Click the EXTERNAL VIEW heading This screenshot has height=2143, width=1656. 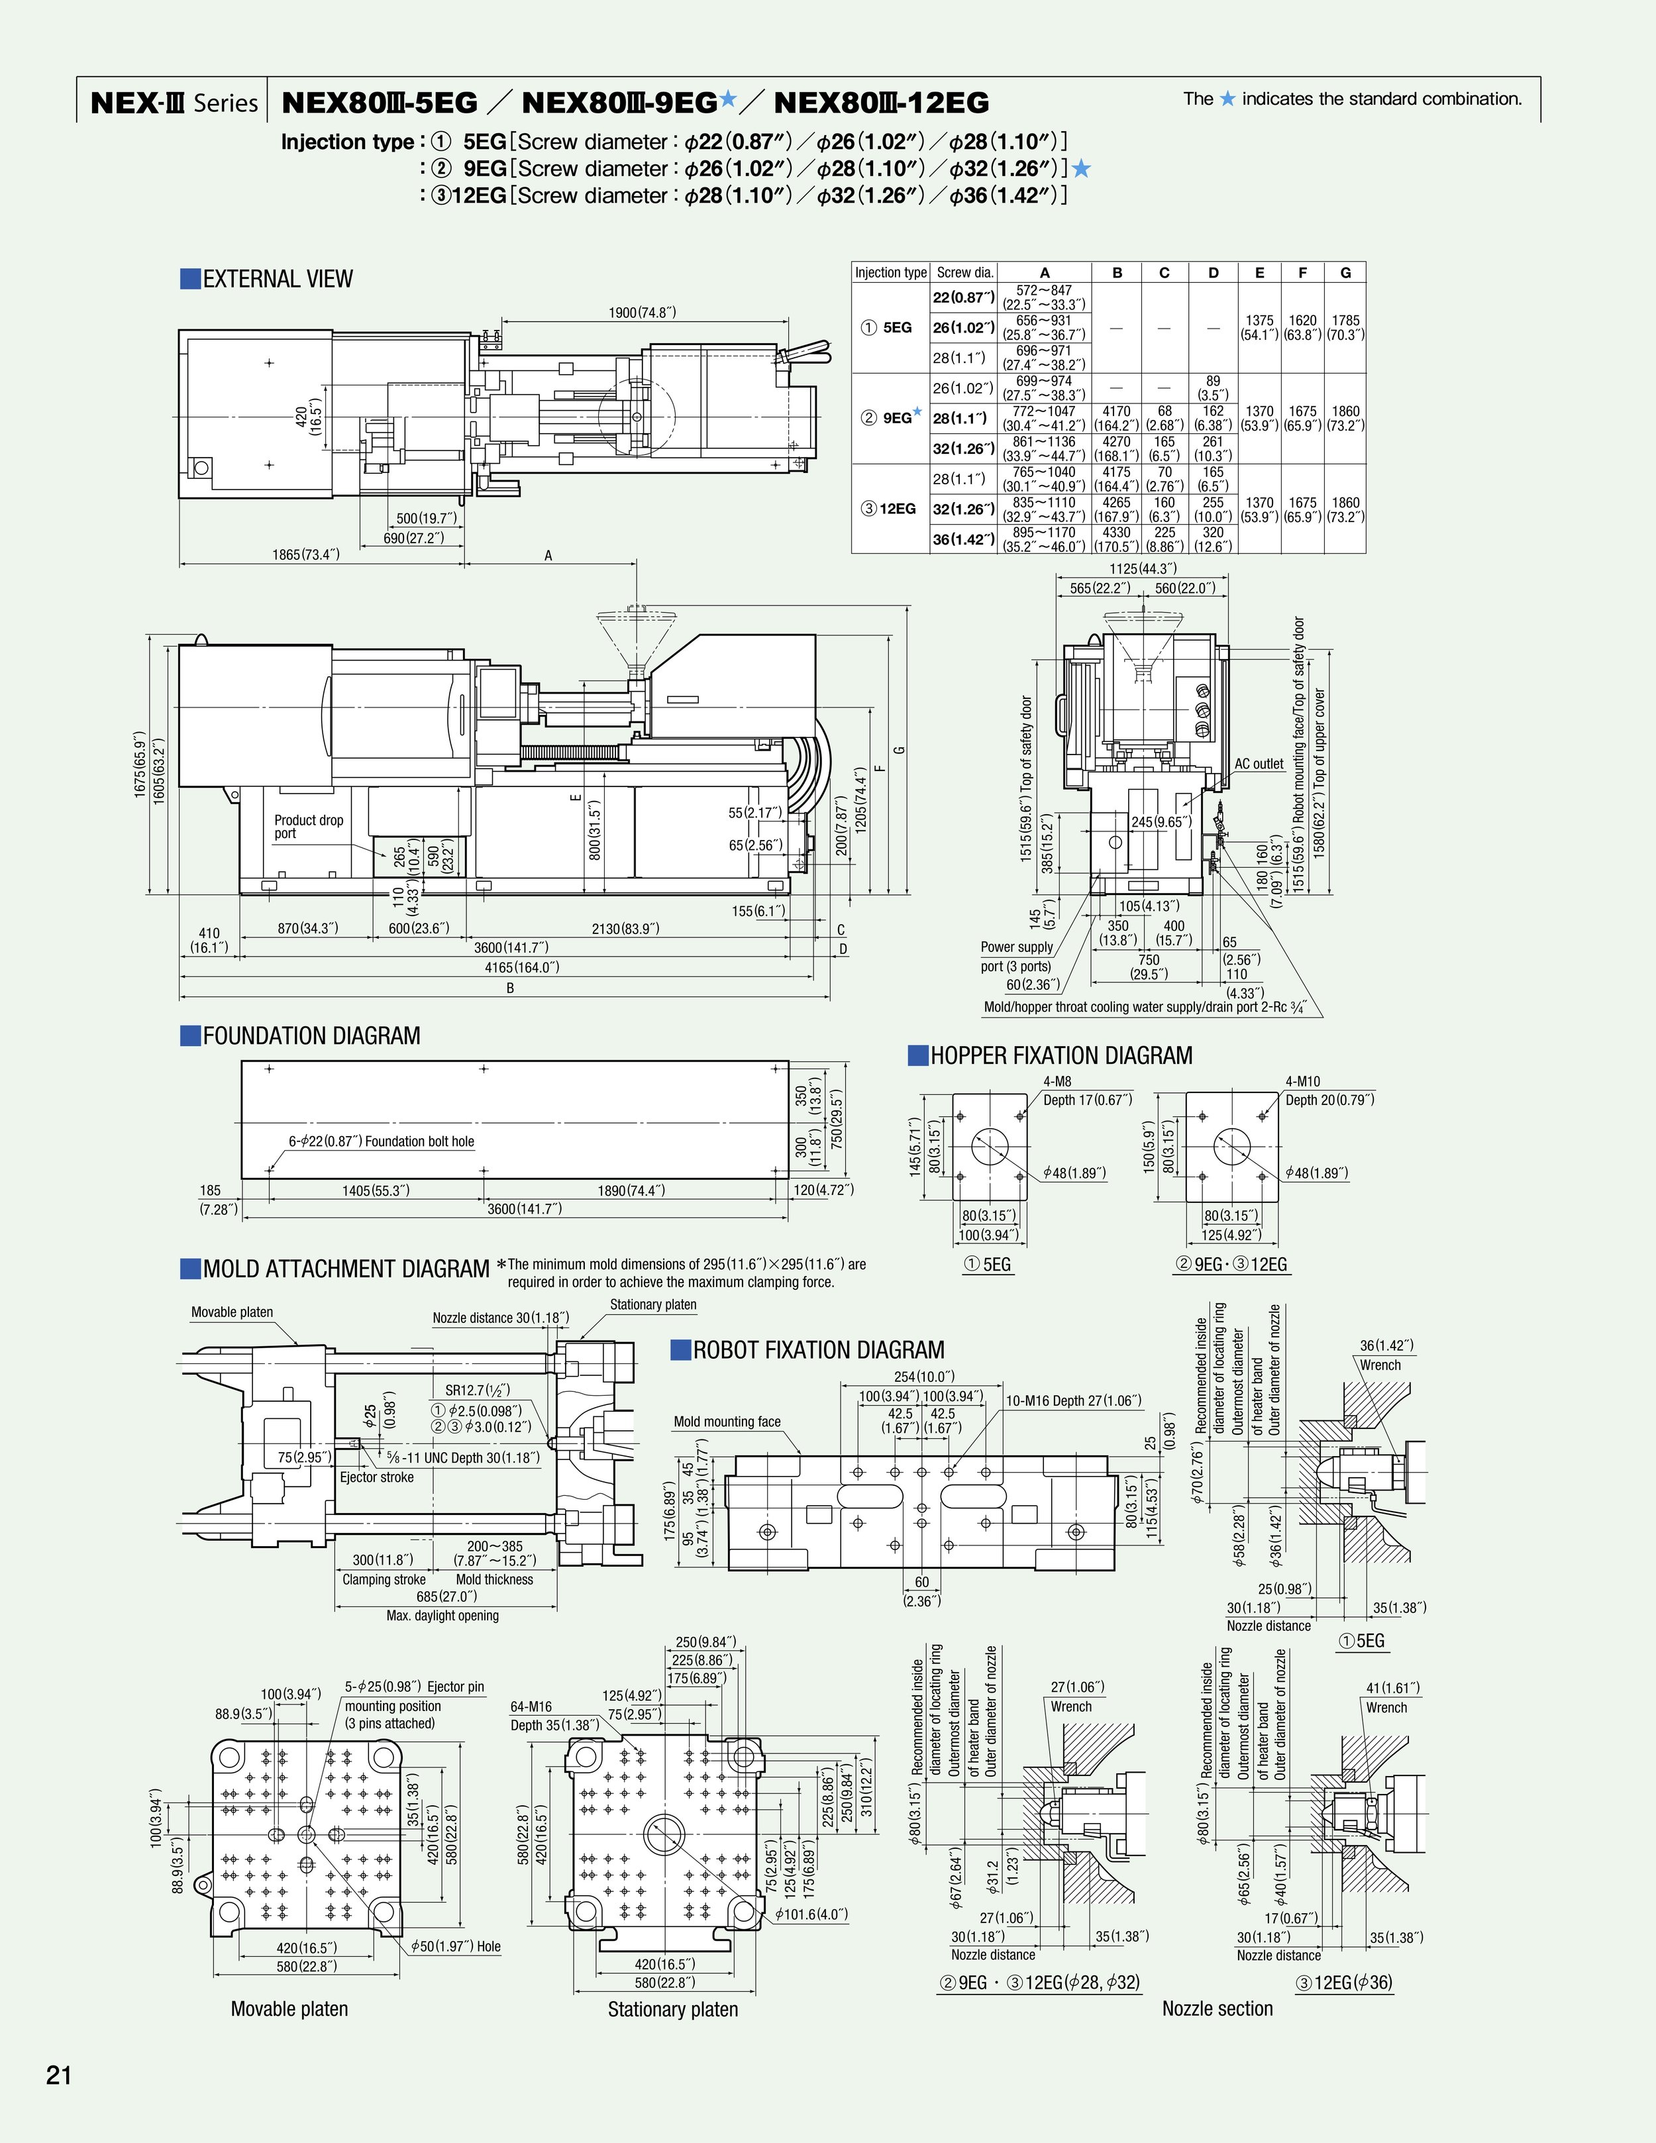tap(277, 279)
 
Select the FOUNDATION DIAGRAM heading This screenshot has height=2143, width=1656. tap(310, 1036)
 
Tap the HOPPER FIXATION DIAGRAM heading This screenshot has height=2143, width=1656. tap(1061, 1056)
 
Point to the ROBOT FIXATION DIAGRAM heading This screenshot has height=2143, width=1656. tap(818, 1350)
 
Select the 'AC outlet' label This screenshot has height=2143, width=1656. tap(1259, 763)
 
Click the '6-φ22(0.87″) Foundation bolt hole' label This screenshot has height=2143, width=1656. tap(381, 1141)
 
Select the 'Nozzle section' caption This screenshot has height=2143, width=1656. tap(1217, 2008)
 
